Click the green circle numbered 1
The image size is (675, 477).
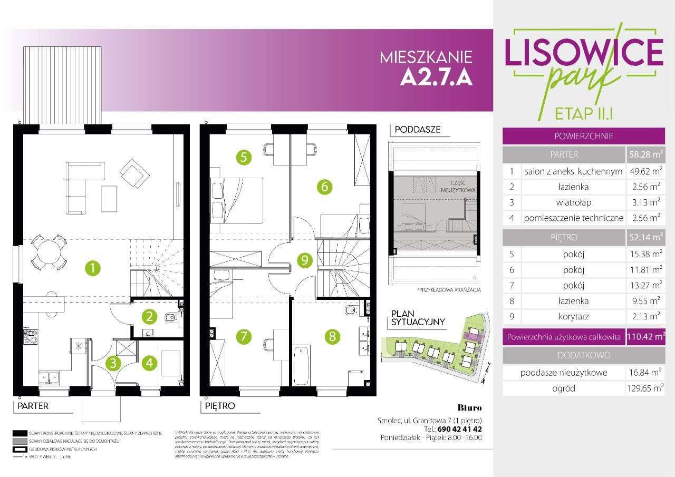click(93, 268)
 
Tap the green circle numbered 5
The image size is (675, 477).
click(243, 157)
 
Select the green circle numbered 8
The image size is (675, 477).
click(332, 336)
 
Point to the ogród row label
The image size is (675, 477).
click(563, 388)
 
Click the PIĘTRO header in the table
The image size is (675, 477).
click(563, 237)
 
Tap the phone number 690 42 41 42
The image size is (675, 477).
click(456, 429)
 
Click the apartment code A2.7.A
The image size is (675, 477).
click(436, 77)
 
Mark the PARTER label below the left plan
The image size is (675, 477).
click(33, 406)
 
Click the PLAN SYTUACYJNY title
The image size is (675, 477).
click(418, 318)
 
